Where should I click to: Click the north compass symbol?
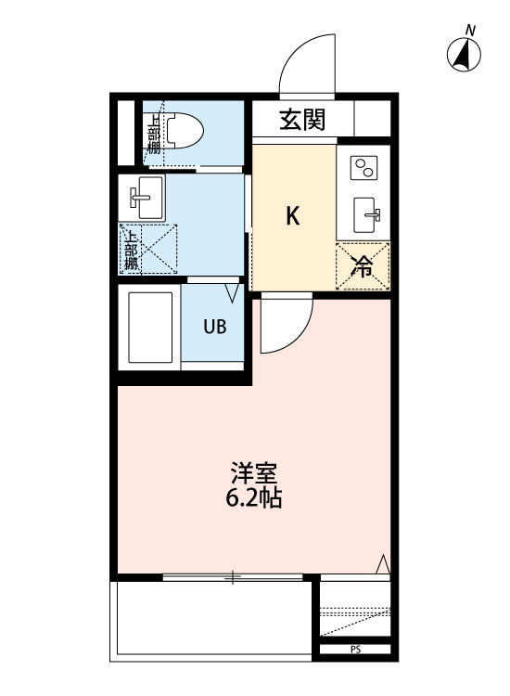click(x=465, y=54)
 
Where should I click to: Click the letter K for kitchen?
click(x=292, y=216)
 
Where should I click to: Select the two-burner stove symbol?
click(x=363, y=169)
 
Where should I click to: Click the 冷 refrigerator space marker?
click(x=363, y=266)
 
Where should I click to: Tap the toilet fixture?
click(x=185, y=132)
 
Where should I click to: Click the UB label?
click(x=216, y=327)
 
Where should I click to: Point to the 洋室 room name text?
click(x=253, y=472)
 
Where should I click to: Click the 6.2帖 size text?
click(x=253, y=498)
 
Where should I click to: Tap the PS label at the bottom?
click(x=355, y=650)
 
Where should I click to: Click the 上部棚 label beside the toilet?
click(x=154, y=132)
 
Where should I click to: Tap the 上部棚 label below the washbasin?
click(x=131, y=248)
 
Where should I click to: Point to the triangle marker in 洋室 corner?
click(x=383, y=563)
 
